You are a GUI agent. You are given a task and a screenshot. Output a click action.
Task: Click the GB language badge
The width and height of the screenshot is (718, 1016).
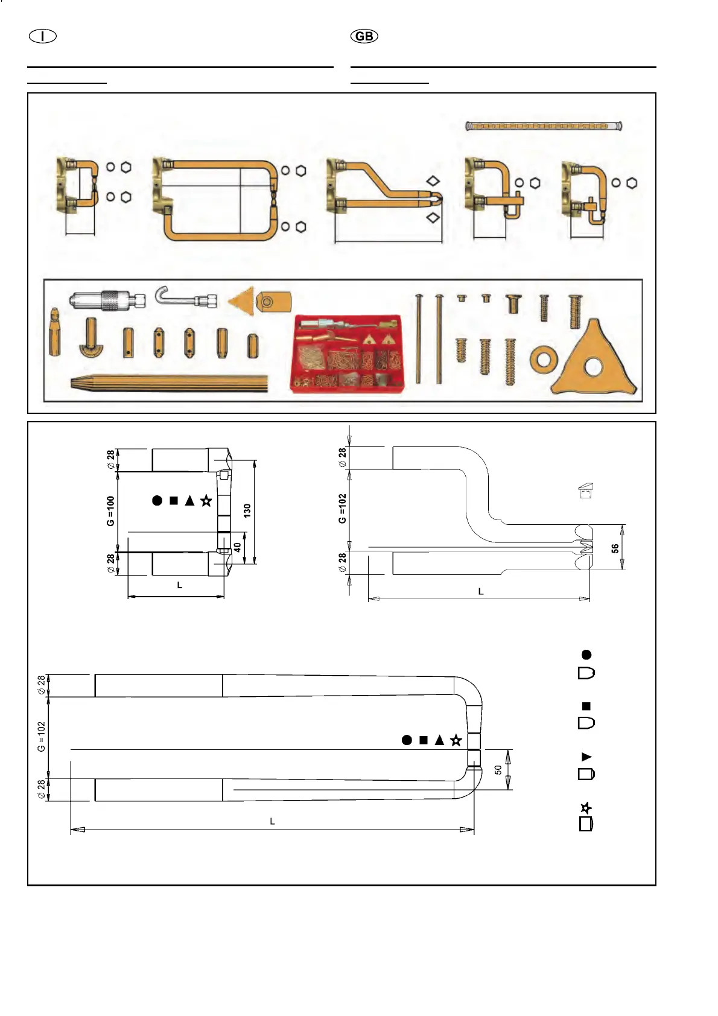click(364, 36)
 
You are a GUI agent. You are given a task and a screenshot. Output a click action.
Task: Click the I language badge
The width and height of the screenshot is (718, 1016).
click(43, 36)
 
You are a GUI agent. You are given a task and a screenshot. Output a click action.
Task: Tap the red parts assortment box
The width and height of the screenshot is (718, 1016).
click(346, 354)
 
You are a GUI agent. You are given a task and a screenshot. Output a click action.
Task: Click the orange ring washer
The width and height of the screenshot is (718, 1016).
click(543, 359)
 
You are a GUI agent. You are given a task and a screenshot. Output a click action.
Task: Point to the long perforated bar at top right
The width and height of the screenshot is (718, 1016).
click(544, 125)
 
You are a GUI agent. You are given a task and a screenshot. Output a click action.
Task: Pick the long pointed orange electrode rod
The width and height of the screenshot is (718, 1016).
click(169, 383)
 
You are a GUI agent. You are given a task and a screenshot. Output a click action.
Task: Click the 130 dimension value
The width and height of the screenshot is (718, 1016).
click(247, 511)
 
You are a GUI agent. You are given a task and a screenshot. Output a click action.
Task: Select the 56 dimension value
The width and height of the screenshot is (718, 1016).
click(615, 548)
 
